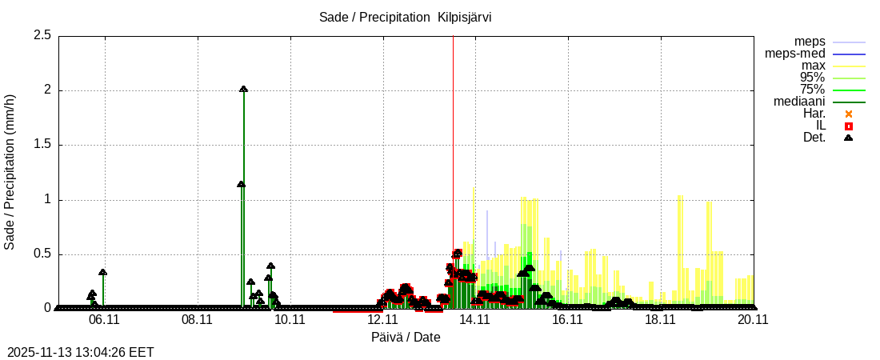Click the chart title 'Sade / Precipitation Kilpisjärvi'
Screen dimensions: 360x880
405,18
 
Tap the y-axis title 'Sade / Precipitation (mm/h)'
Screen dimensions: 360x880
10,171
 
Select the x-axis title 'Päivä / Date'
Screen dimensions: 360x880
406,337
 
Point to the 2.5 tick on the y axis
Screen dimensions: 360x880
42,35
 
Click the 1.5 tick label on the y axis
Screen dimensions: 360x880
42,145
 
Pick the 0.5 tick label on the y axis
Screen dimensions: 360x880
42,254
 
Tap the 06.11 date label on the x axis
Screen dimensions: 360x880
104,318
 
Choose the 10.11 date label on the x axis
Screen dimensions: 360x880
290,318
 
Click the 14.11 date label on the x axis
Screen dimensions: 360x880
474,318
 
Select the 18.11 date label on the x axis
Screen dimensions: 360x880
660,318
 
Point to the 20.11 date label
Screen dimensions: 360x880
753,318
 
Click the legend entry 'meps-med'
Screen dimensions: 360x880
795,54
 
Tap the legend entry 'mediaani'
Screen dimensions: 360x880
800,102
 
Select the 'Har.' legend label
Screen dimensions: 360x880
814,114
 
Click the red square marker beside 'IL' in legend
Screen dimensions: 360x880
849,126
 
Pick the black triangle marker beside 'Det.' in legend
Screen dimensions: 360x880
849,138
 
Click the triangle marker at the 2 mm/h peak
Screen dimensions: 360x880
243,90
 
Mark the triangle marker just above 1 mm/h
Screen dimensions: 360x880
241,185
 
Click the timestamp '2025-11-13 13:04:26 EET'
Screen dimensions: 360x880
81,352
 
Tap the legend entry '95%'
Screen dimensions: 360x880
812,78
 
